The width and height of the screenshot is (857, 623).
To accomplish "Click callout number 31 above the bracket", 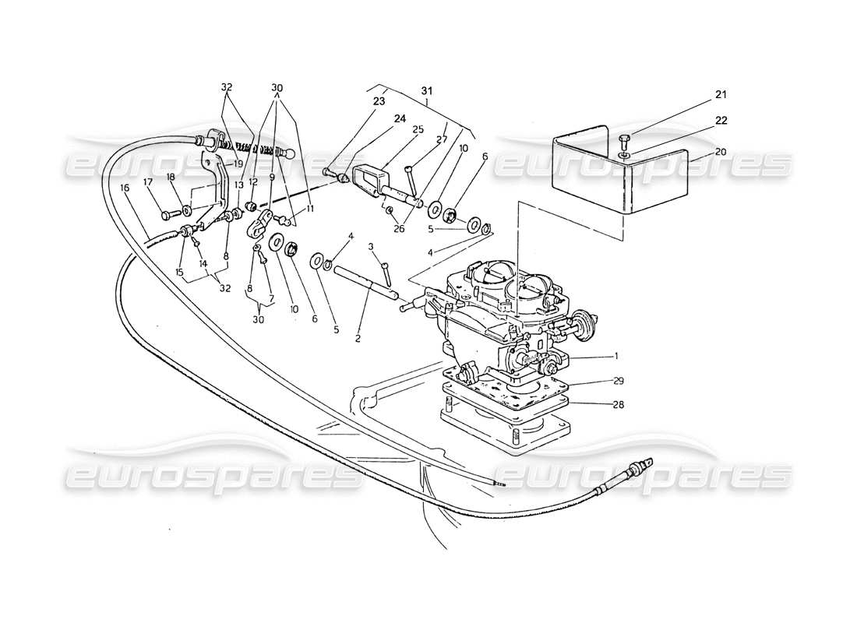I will (x=427, y=91).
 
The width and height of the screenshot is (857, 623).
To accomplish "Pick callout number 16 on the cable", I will (x=125, y=187).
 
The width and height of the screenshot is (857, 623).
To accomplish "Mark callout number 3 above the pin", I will (x=371, y=246).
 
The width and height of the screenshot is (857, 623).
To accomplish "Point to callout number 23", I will (x=379, y=100).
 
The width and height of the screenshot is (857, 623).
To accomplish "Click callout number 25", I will (x=417, y=129).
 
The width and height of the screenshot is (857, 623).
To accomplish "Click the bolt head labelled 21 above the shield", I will (x=622, y=139).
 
